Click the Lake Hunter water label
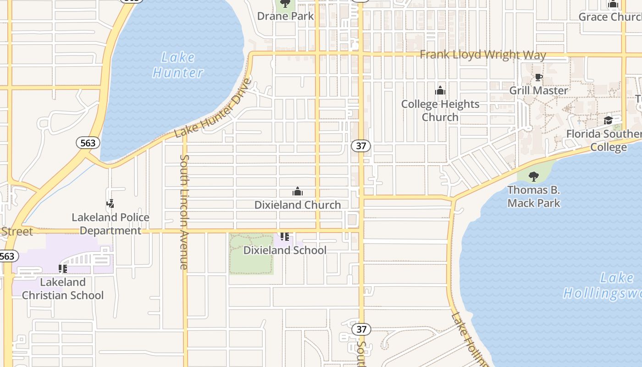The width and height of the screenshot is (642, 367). tap(178, 65)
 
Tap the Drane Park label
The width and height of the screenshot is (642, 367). tap(285, 16)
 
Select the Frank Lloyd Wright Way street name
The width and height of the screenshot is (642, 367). tap(483, 55)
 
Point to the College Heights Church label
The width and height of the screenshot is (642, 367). tap(440, 111)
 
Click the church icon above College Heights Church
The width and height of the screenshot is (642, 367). tap(440, 90)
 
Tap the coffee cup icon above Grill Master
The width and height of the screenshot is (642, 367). tap(538, 78)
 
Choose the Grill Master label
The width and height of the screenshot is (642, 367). tap(538, 90)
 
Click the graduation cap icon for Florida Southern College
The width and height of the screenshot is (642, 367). tap(608, 120)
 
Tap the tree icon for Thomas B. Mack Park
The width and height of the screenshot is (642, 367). tap(533, 177)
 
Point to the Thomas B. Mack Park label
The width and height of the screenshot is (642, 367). tap(534, 196)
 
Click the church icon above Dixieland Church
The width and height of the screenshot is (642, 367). tap(298, 191)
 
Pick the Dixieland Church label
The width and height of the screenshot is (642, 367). tap(298, 205)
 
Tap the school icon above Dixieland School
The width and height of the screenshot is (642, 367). tap(285, 237)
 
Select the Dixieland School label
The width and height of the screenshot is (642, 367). tap(285, 250)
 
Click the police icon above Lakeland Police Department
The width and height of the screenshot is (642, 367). tap(110, 204)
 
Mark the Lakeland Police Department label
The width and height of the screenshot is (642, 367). tap(111, 224)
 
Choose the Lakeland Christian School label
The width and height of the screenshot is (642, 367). tap(63, 289)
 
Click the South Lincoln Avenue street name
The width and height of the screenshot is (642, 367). tap(184, 212)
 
